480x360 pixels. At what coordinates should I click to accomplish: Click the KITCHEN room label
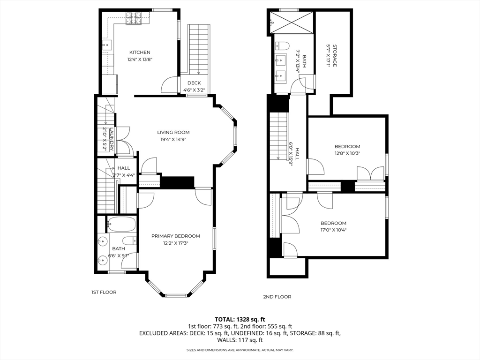pos(140,52)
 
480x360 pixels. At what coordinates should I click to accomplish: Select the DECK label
pos(194,83)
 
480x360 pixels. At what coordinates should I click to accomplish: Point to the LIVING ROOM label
pos(173,132)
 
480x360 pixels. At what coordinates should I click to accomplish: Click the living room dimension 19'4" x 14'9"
pos(173,139)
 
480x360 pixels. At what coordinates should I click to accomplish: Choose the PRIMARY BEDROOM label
pos(175,236)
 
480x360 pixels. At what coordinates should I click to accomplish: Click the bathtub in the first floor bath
pos(121,225)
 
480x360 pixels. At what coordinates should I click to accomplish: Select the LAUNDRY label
pos(112,140)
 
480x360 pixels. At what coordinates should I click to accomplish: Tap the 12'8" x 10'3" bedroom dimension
pos(347,153)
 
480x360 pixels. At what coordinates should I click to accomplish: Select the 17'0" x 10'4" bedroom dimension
pos(333,230)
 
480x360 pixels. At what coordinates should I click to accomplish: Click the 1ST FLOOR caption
pos(104,292)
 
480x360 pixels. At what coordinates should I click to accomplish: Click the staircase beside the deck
pos(199,49)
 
